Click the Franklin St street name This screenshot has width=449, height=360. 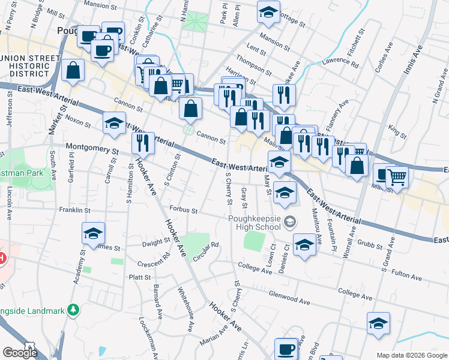point(74,211)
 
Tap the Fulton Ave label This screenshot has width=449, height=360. point(407,275)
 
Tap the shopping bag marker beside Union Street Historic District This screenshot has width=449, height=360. point(73,70)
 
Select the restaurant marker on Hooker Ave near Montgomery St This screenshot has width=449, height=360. point(142,143)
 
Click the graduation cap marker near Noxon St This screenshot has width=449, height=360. point(112,123)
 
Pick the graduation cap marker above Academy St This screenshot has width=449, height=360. point(93,233)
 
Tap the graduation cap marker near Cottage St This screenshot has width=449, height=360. point(268,11)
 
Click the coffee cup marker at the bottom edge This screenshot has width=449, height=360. point(286,349)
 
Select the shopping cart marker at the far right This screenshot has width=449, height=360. point(396,176)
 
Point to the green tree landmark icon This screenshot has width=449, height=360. point(73,309)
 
